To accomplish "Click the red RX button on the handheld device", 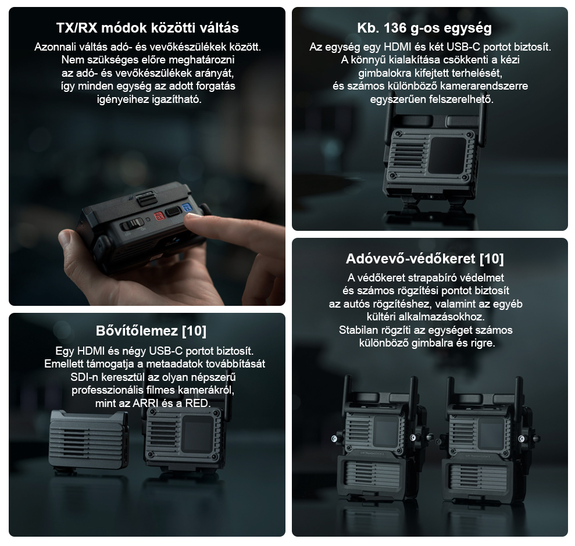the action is pyautogui.click(x=159, y=216).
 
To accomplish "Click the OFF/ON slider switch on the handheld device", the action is pyautogui.click(x=132, y=224).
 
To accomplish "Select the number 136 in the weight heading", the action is pyautogui.click(x=395, y=28).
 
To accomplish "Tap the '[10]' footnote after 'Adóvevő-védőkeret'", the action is pyautogui.click(x=492, y=259).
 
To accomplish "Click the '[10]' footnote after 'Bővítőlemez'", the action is pyautogui.click(x=194, y=331).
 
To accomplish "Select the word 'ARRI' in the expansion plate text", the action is pyautogui.click(x=145, y=404).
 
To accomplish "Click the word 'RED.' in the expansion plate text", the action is pyautogui.click(x=198, y=404).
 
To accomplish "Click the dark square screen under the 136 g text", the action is pyautogui.click(x=448, y=155).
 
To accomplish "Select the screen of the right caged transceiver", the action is pyautogui.click(x=491, y=433).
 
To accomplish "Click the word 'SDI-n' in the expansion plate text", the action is pyautogui.click(x=83, y=377).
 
